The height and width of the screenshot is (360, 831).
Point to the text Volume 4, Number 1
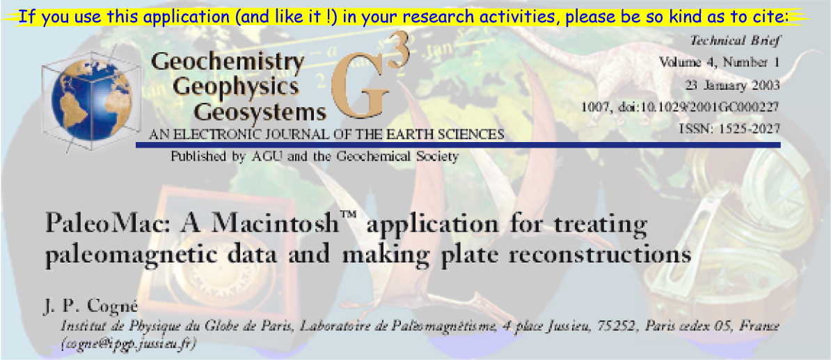pos(719,63)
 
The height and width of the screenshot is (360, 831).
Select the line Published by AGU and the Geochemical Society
pos(315,157)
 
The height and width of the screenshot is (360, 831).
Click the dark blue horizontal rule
pos(459,145)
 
